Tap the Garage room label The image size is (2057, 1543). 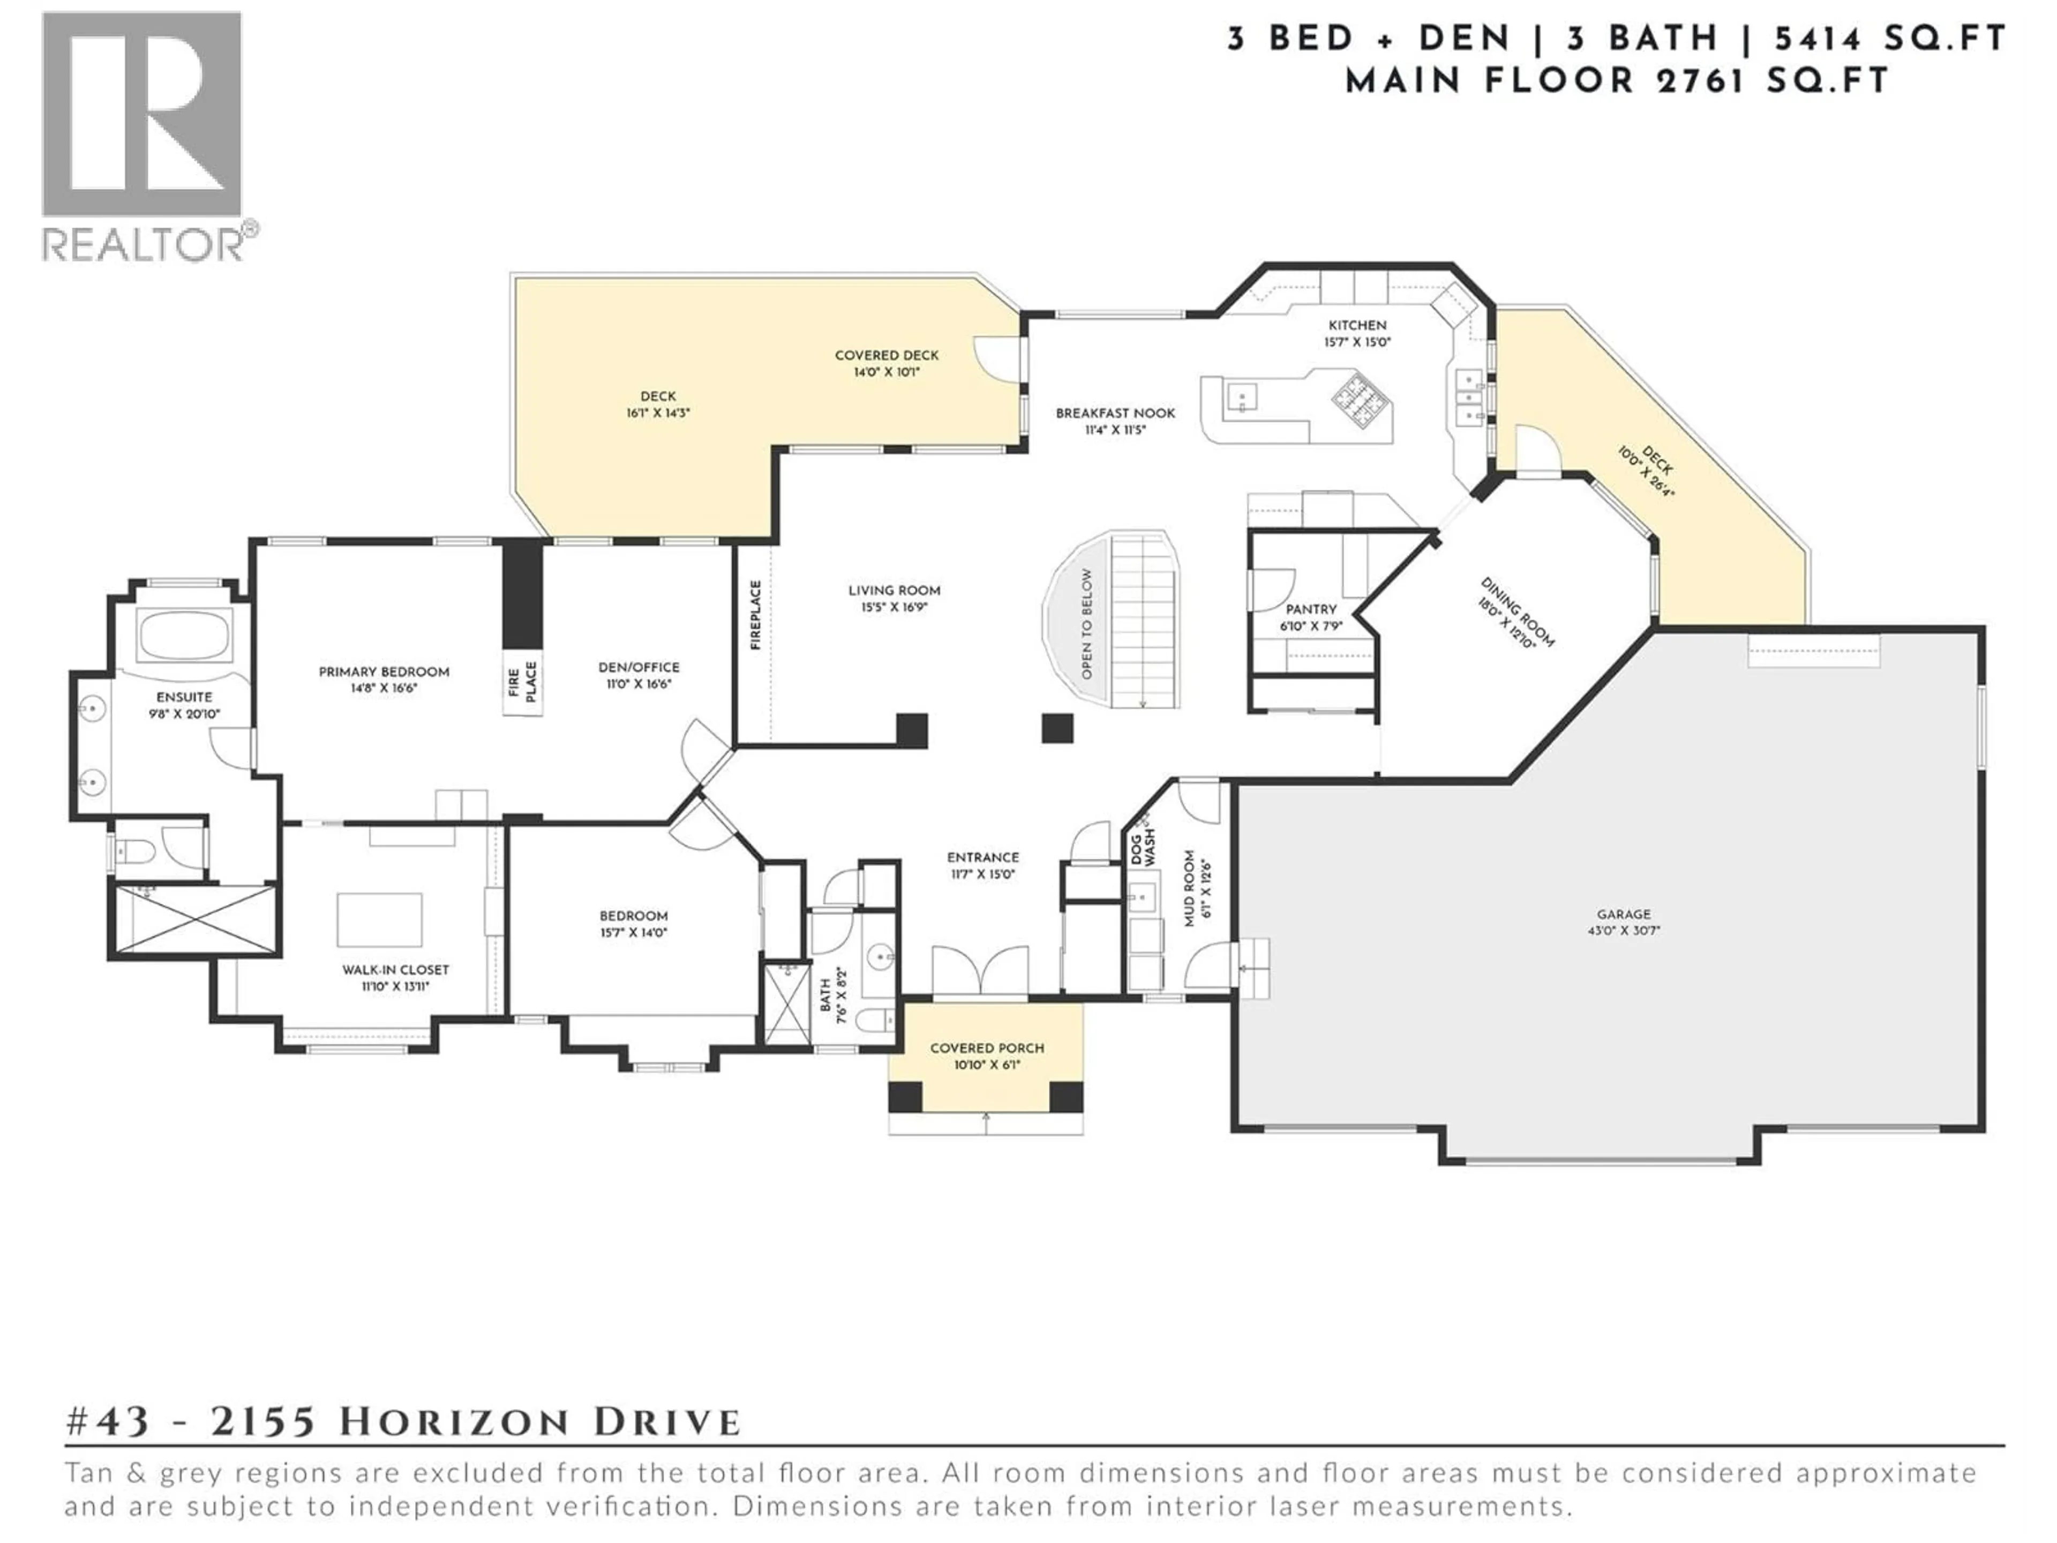1624,914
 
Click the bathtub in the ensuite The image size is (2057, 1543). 182,636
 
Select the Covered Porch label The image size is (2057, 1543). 987,1048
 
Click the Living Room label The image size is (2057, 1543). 894,590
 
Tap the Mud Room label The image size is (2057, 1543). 1189,888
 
